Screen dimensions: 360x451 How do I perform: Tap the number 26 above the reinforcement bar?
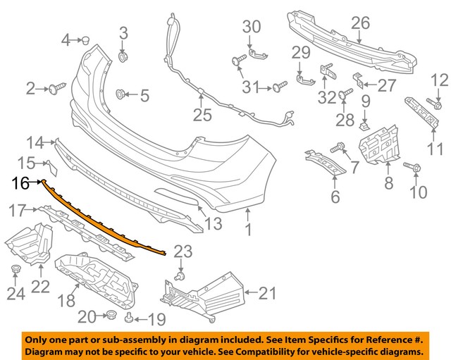(x=360, y=24)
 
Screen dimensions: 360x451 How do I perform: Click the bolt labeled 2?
(x=55, y=88)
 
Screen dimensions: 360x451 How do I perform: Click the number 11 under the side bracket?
(x=436, y=149)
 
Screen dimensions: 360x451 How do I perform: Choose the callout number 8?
(x=388, y=185)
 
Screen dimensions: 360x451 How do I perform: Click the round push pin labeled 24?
(x=16, y=270)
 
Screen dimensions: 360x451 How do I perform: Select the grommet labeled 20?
(x=110, y=314)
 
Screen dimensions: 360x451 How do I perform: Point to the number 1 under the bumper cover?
(x=247, y=229)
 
